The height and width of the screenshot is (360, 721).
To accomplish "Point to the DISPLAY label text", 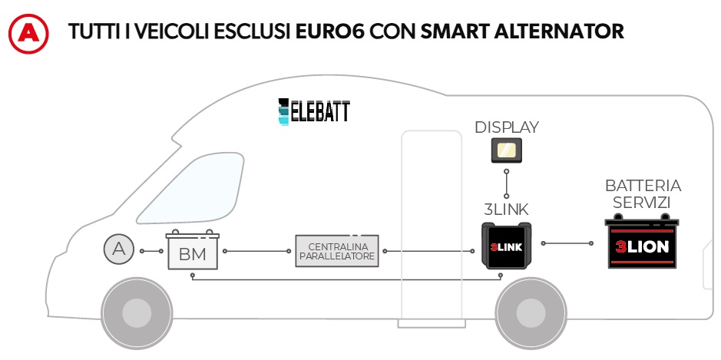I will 507,127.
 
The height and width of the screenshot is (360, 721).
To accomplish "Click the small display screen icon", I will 507,150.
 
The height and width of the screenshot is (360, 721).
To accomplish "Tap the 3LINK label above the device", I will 506,208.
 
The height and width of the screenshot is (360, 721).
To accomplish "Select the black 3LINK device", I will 506,246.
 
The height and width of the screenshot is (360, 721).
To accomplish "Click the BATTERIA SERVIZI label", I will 643,194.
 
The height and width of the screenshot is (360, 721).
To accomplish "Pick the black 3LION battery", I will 643,244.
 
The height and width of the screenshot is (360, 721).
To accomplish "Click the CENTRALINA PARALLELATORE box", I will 338,251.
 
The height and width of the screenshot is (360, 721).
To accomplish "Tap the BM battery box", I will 193,251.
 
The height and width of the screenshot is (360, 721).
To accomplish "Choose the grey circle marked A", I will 118,249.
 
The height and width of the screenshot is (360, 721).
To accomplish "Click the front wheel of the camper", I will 136,312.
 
